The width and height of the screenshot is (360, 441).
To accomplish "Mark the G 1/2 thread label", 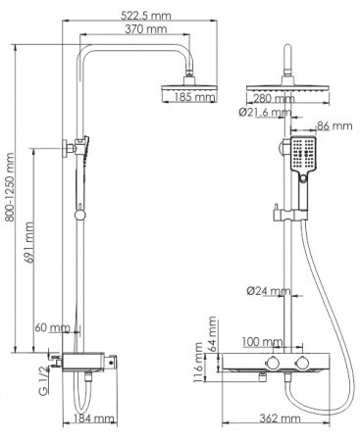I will pyautogui.click(x=40, y=374).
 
